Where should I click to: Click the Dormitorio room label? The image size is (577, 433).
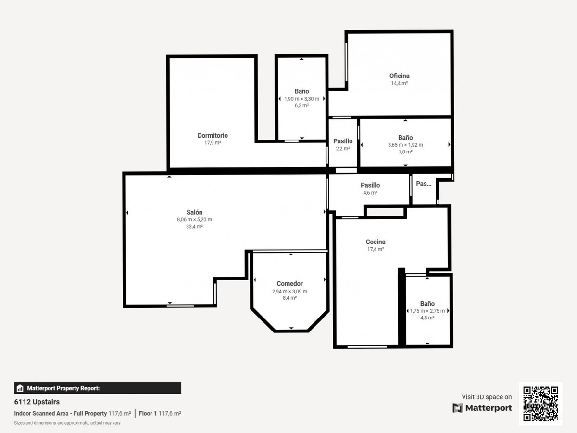pyautogui.click(x=213, y=135)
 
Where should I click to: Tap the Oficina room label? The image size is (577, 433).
pyautogui.click(x=399, y=76)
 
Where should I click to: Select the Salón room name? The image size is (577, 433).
pyautogui.click(x=195, y=212)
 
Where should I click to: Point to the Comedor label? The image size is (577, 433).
pyautogui.click(x=289, y=284)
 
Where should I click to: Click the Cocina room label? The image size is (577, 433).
pyautogui.click(x=376, y=242)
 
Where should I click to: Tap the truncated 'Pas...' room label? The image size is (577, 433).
pyautogui.click(x=424, y=184)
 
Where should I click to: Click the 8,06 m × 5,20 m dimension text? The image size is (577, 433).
pyautogui.click(x=195, y=219)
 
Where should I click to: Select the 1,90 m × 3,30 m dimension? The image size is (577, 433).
pyautogui.click(x=302, y=99)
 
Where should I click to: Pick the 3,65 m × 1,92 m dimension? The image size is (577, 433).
pyautogui.click(x=406, y=145)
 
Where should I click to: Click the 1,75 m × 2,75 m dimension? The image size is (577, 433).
pyautogui.click(x=427, y=311)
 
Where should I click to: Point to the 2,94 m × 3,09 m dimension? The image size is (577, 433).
pyautogui.click(x=289, y=291)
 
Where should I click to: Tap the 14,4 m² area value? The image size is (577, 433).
pyautogui.click(x=399, y=83)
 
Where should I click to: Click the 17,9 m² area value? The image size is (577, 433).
pyautogui.click(x=213, y=143)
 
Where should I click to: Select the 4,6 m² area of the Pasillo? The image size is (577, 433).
pyautogui.click(x=370, y=193)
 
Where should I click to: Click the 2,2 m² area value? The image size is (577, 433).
pyautogui.click(x=343, y=149)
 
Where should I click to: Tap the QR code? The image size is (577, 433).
pyautogui.click(x=540, y=404)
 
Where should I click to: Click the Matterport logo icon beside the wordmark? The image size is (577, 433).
pyautogui.click(x=457, y=408)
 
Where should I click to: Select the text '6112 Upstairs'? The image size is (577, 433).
pyautogui.click(x=37, y=402)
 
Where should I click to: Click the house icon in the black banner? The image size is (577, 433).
pyautogui.click(x=20, y=388)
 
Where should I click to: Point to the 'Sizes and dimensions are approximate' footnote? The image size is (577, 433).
pyautogui.click(x=67, y=423)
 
